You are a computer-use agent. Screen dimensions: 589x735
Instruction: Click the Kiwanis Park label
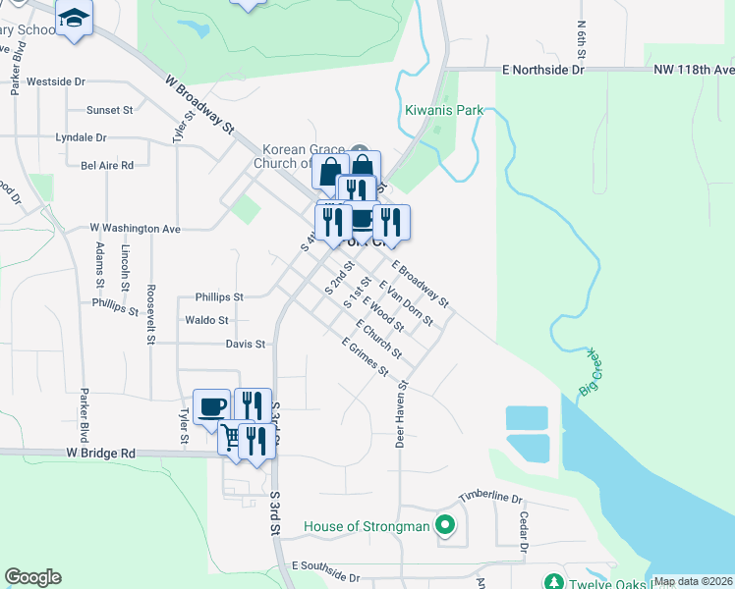(444, 111)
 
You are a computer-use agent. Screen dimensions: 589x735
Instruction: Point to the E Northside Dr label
(542, 71)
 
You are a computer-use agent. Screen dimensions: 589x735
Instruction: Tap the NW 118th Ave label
(694, 71)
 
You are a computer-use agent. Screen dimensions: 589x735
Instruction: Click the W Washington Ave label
(136, 228)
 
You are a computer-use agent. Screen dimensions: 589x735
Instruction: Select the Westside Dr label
(56, 82)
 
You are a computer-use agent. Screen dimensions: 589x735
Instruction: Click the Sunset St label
(109, 110)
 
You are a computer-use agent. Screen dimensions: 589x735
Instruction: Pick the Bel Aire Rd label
(107, 166)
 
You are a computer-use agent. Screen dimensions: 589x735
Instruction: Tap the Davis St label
(246, 345)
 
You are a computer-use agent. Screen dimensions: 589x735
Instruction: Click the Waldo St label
(206, 320)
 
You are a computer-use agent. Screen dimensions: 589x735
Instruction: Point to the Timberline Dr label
(490, 498)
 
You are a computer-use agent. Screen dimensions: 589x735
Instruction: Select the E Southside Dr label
(328, 567)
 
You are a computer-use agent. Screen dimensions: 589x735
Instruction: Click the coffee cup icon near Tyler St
(211, 405)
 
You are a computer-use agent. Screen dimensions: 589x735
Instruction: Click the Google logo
(32, 577)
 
